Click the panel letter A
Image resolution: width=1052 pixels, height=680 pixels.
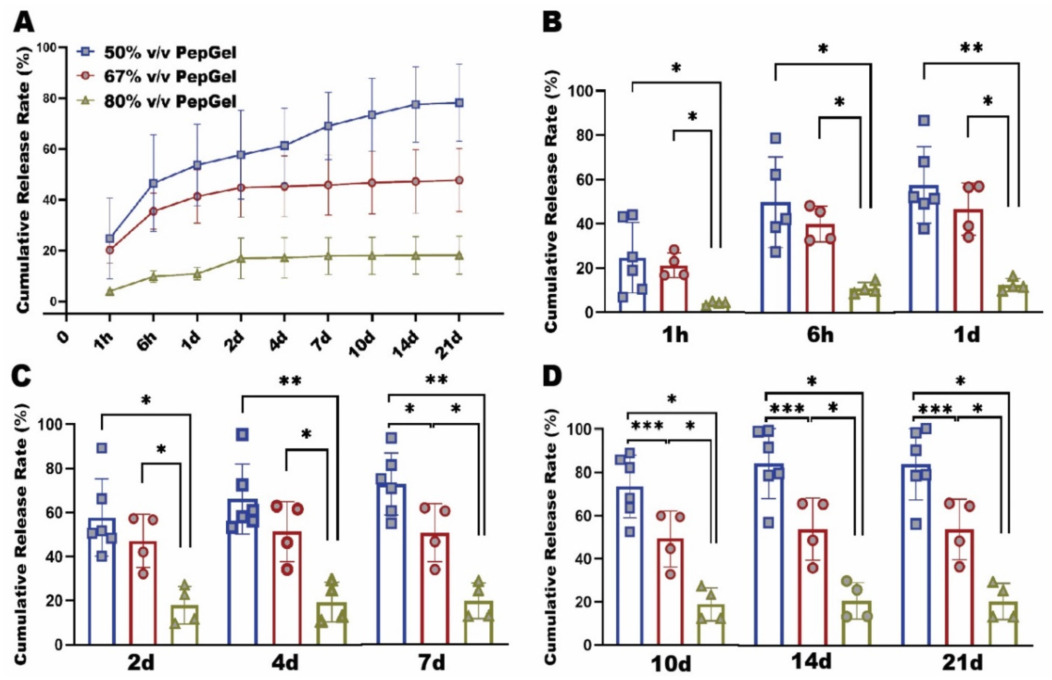pyautogui.click(x=24, y=21)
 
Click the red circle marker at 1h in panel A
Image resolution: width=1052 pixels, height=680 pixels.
pyautogui.click(x=110, y=250)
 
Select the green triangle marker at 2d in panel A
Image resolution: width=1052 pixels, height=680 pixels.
pyautogui.click(x=241, y=258)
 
